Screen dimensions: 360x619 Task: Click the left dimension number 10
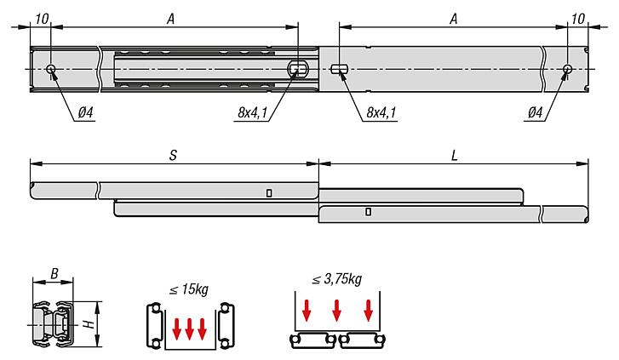(x=43, y=17)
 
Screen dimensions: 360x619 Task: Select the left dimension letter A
(x=173, y=16)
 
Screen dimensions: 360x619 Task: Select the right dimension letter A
(x=454, y=16)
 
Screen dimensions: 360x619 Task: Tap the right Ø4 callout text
(x=536, y=111)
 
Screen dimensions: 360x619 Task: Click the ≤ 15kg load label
(x=188, y=290)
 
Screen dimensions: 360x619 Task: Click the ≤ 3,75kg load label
(x=337, y=278)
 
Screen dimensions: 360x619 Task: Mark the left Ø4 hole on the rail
(x=52, y=68)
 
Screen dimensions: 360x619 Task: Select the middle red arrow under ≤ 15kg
(x=189, y=328)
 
